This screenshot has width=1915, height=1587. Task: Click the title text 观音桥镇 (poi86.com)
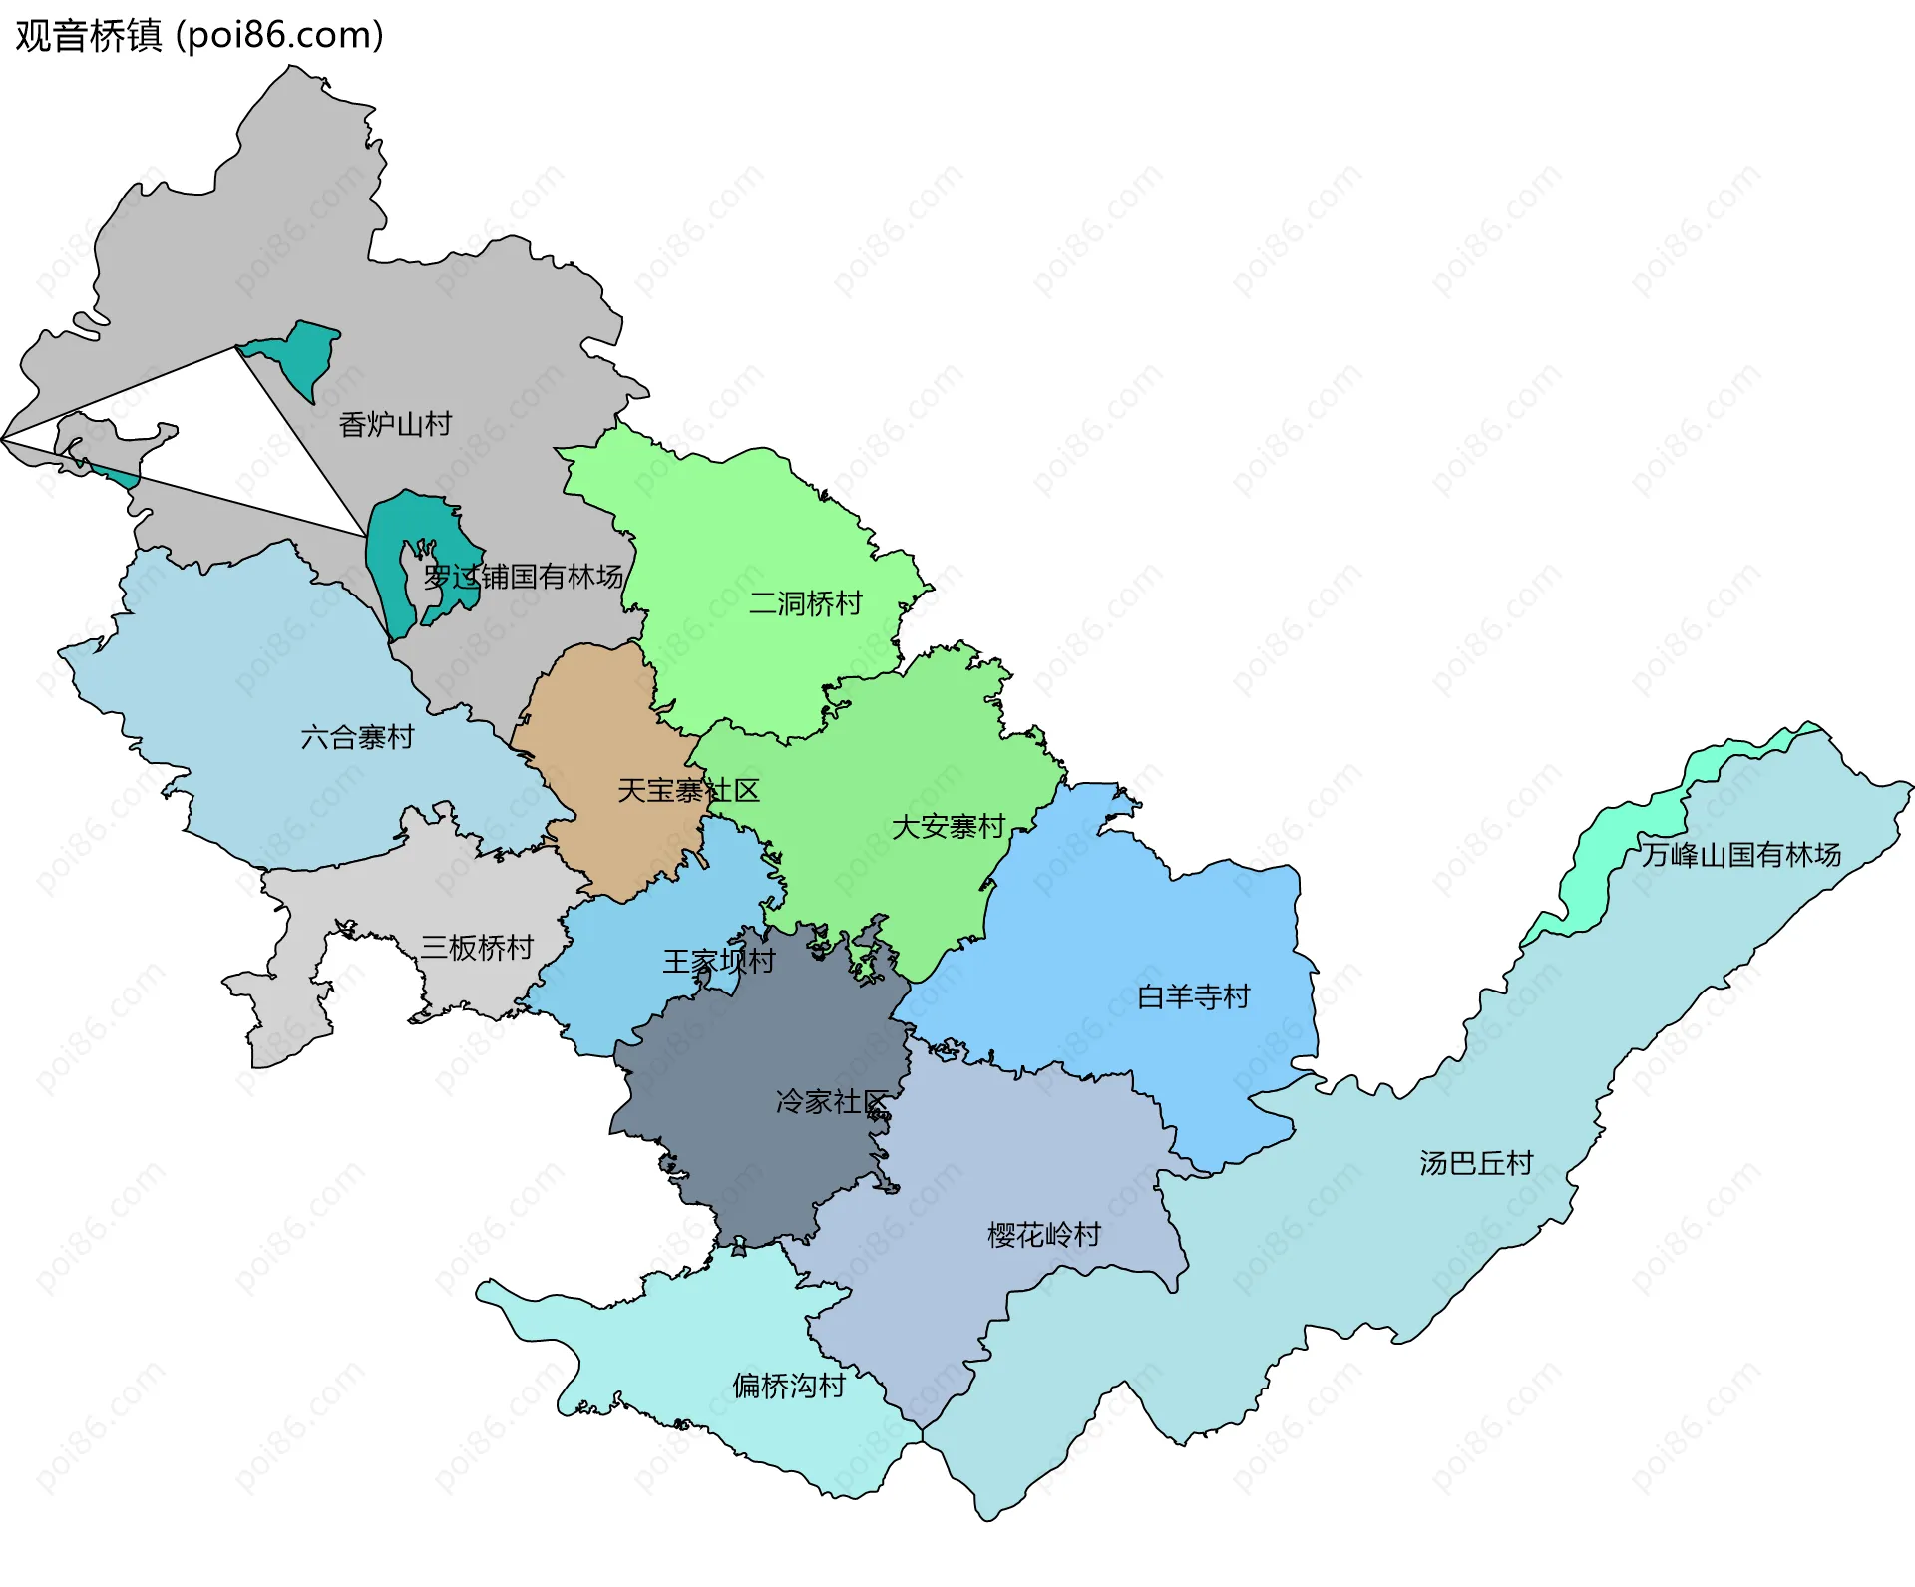199,36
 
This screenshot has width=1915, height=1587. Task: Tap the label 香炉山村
395,424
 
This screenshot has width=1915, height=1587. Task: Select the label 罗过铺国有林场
524,577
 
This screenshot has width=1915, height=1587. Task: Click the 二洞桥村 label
805,603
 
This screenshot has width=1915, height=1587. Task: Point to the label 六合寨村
357,737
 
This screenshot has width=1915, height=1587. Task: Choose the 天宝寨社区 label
688,791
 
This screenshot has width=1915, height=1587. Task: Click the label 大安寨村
948,827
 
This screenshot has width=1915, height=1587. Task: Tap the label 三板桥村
477,947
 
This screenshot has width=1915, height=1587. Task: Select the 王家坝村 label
719,961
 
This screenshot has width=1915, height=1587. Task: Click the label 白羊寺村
1193,996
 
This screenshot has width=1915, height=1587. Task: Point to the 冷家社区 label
832,1101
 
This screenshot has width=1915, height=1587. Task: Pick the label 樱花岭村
1043,1235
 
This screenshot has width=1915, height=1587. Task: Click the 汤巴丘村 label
1475,1163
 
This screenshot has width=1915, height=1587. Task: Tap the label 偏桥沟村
788,1386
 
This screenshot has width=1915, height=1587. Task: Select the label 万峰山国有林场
1740,855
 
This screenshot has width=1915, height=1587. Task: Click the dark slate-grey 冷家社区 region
758,1147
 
